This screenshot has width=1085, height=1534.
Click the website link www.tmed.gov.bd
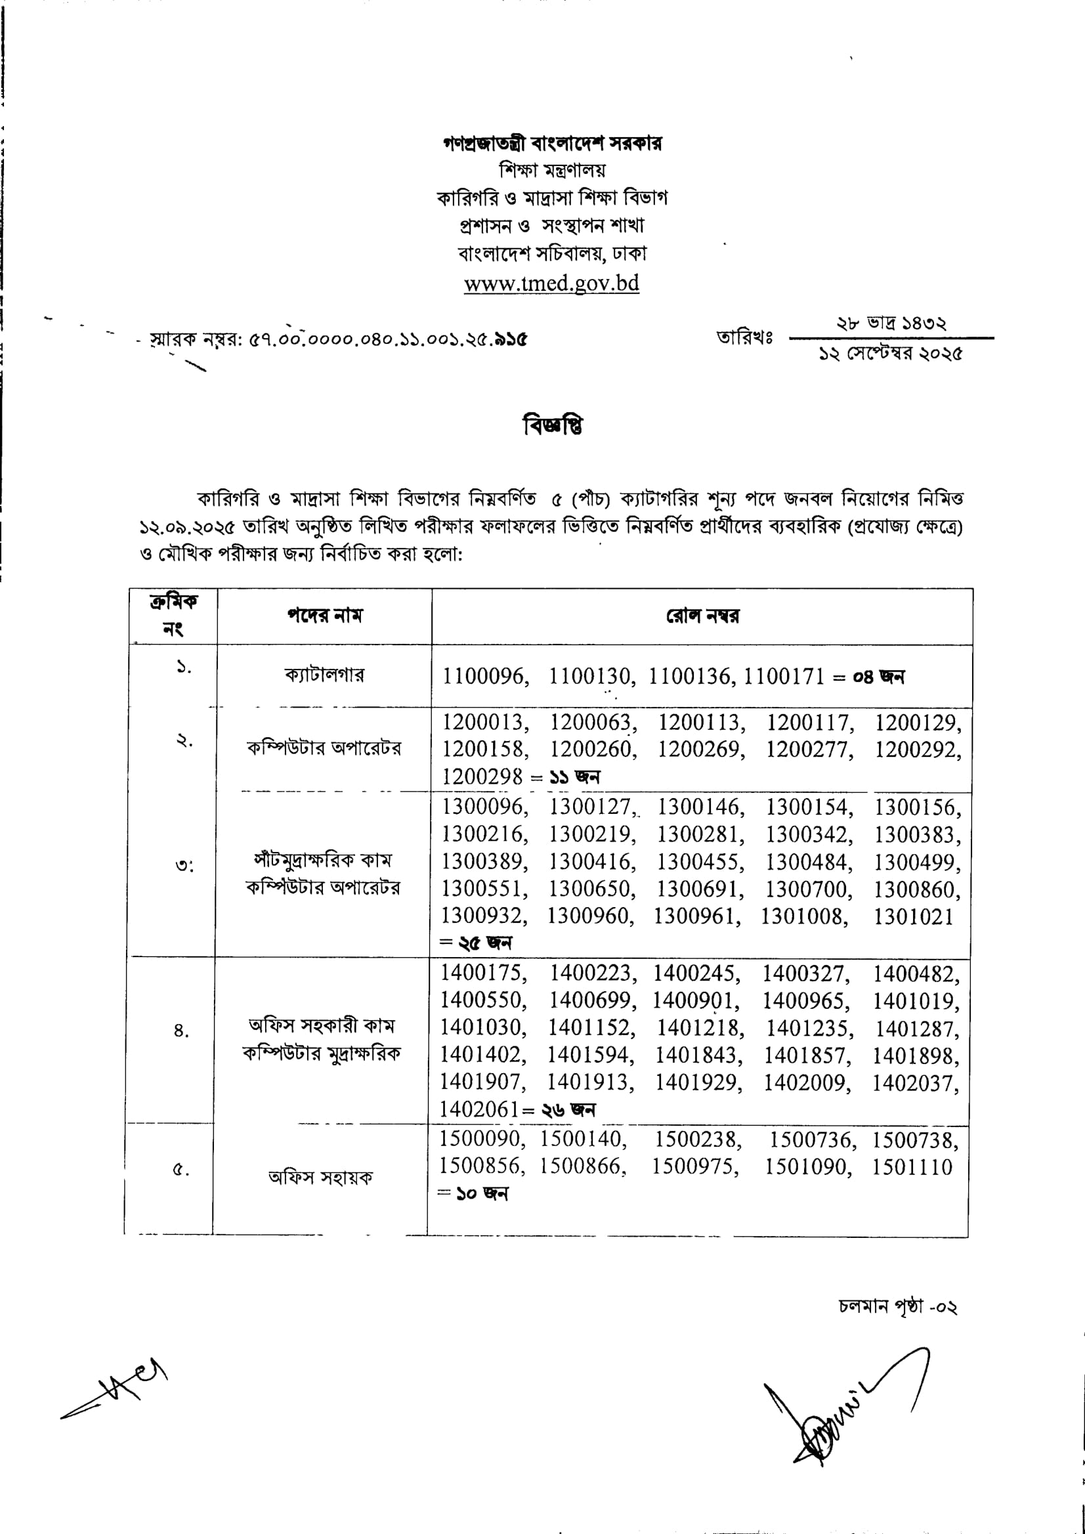click(x=551, y=284)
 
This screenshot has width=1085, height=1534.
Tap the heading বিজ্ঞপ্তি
click(x=553, y=425)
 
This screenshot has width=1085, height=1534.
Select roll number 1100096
click(x=484, y=677)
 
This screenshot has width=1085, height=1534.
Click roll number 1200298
click(x=482, y=777)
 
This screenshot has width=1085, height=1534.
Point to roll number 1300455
click(x=698, y=862)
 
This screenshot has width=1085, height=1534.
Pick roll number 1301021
click(x=913, y=916)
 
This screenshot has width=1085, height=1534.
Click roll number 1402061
click(x=479, y=1109)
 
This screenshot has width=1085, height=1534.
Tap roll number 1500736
click(x=811, y=1140)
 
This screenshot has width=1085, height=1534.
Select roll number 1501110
click(x=912, y=1167)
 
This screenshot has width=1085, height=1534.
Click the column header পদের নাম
click(x=325, y=615)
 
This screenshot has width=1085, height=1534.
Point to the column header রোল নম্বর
click(x=702, y=615)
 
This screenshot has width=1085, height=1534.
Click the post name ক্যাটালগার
click(x=325, y=675)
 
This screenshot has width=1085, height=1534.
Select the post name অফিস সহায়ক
click(x=320, y=1177)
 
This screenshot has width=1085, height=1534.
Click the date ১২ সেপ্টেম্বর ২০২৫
click(x=891, y=354)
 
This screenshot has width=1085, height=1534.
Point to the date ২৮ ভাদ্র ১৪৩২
click(x=891, y=324)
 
